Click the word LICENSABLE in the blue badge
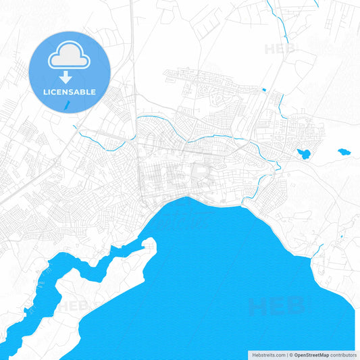click(70, 92)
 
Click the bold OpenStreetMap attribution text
click(311, 355)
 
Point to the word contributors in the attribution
click(344, 355)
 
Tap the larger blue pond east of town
click(304, 154)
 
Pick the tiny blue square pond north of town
click(263, 90)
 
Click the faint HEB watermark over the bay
click(276, 307)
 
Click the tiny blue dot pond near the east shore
click(342, 236)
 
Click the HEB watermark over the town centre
click(177, 177)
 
